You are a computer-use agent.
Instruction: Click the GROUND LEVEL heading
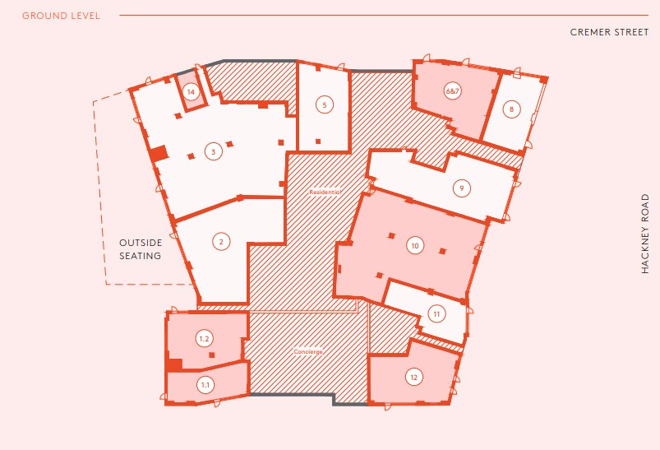pyautogui.click(x=61, y=16)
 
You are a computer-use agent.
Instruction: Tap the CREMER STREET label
pyautogui.click(x=609, y=33)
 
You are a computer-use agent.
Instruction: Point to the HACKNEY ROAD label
pyautogui.click(x=645, y=234)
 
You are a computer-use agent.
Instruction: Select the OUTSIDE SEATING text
pyautogui.click(x=141, y=249)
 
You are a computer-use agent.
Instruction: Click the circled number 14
pyautogui.click(x=191, y=92)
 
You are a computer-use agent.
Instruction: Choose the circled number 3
pyautogui.click(x=213, y=151)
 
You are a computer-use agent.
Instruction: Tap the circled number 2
pyautogui.click(x=220, y=241)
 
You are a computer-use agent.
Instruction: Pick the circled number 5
pyautogui.click(x=325, y=104)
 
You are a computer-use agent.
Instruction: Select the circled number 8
pyautogui.click(x=511, y=109)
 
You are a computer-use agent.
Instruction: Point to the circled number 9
pyautogui.click(x=462, y=188)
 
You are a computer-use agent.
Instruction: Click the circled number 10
pyautogui.click(x=414, y=245)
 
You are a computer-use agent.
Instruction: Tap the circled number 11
pyautogui.click(x=436, y=313)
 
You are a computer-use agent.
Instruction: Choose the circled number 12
pyautogui.click(x=413, y=378)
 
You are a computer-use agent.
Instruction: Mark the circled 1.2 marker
pyautogui.click(x=205, y=338)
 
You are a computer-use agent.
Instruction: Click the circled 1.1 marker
pyautogui.click(x=205, y=384)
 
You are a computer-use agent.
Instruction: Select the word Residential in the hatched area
pyautogui.click(x=325, y=192)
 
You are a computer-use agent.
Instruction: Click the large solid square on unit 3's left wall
pyautogui.click(x=159, y=153)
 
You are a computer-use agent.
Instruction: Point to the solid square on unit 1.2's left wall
pyautogui.click(x=174, y=364)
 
